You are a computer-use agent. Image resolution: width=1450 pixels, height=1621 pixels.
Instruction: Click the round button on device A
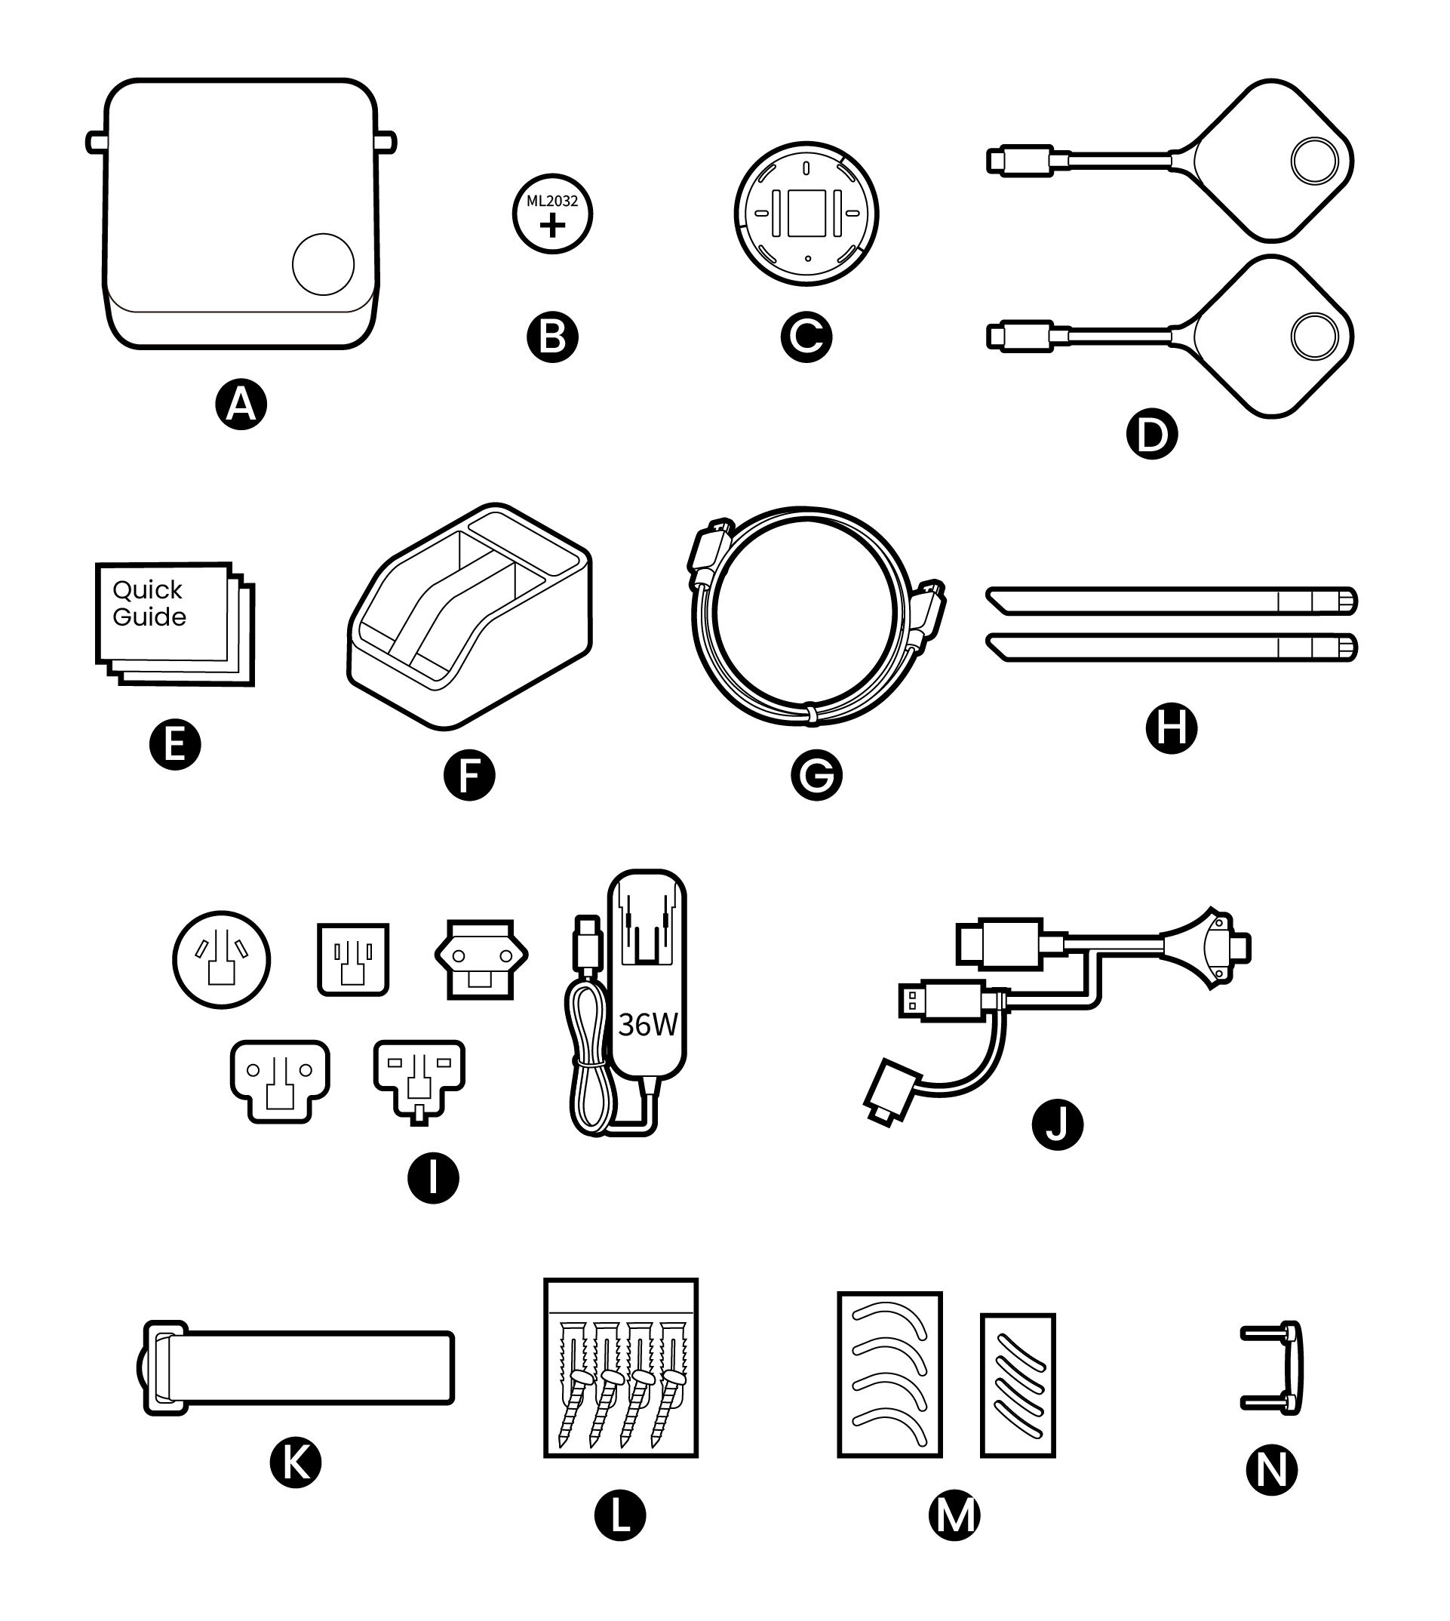click(x=323, y=265)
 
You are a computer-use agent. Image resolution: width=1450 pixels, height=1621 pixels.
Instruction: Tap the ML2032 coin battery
click(x=552, y=214)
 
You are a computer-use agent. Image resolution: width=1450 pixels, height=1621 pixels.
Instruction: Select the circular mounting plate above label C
click(x=806, y=213)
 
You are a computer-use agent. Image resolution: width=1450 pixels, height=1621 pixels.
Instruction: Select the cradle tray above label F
click(x=470, y=617)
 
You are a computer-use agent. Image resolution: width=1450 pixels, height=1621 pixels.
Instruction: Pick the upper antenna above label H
click(x=1171, y=600)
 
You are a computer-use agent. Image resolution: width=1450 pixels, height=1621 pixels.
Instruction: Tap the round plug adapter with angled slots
click(x=222, y=961)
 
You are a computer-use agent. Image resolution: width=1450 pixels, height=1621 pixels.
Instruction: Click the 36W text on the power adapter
click(x=647, y=1025)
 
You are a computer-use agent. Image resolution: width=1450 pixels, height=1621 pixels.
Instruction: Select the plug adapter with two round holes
click(x=481, y=959)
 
